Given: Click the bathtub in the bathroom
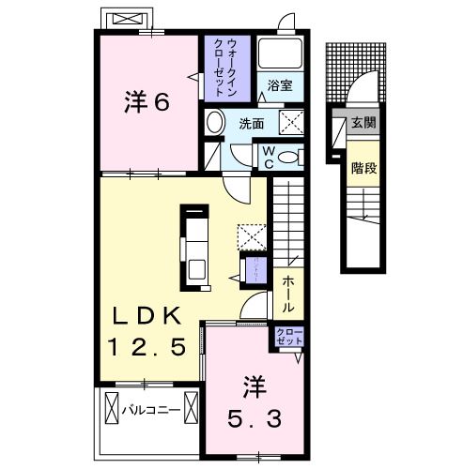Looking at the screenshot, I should click(x=279, y=54).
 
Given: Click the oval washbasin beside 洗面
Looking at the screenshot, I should click(x=215, y=122).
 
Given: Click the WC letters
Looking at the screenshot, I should click(x=267, y=156).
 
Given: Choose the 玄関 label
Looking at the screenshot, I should click(x=363, y=123).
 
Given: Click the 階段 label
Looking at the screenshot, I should click(x=363, y=170).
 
